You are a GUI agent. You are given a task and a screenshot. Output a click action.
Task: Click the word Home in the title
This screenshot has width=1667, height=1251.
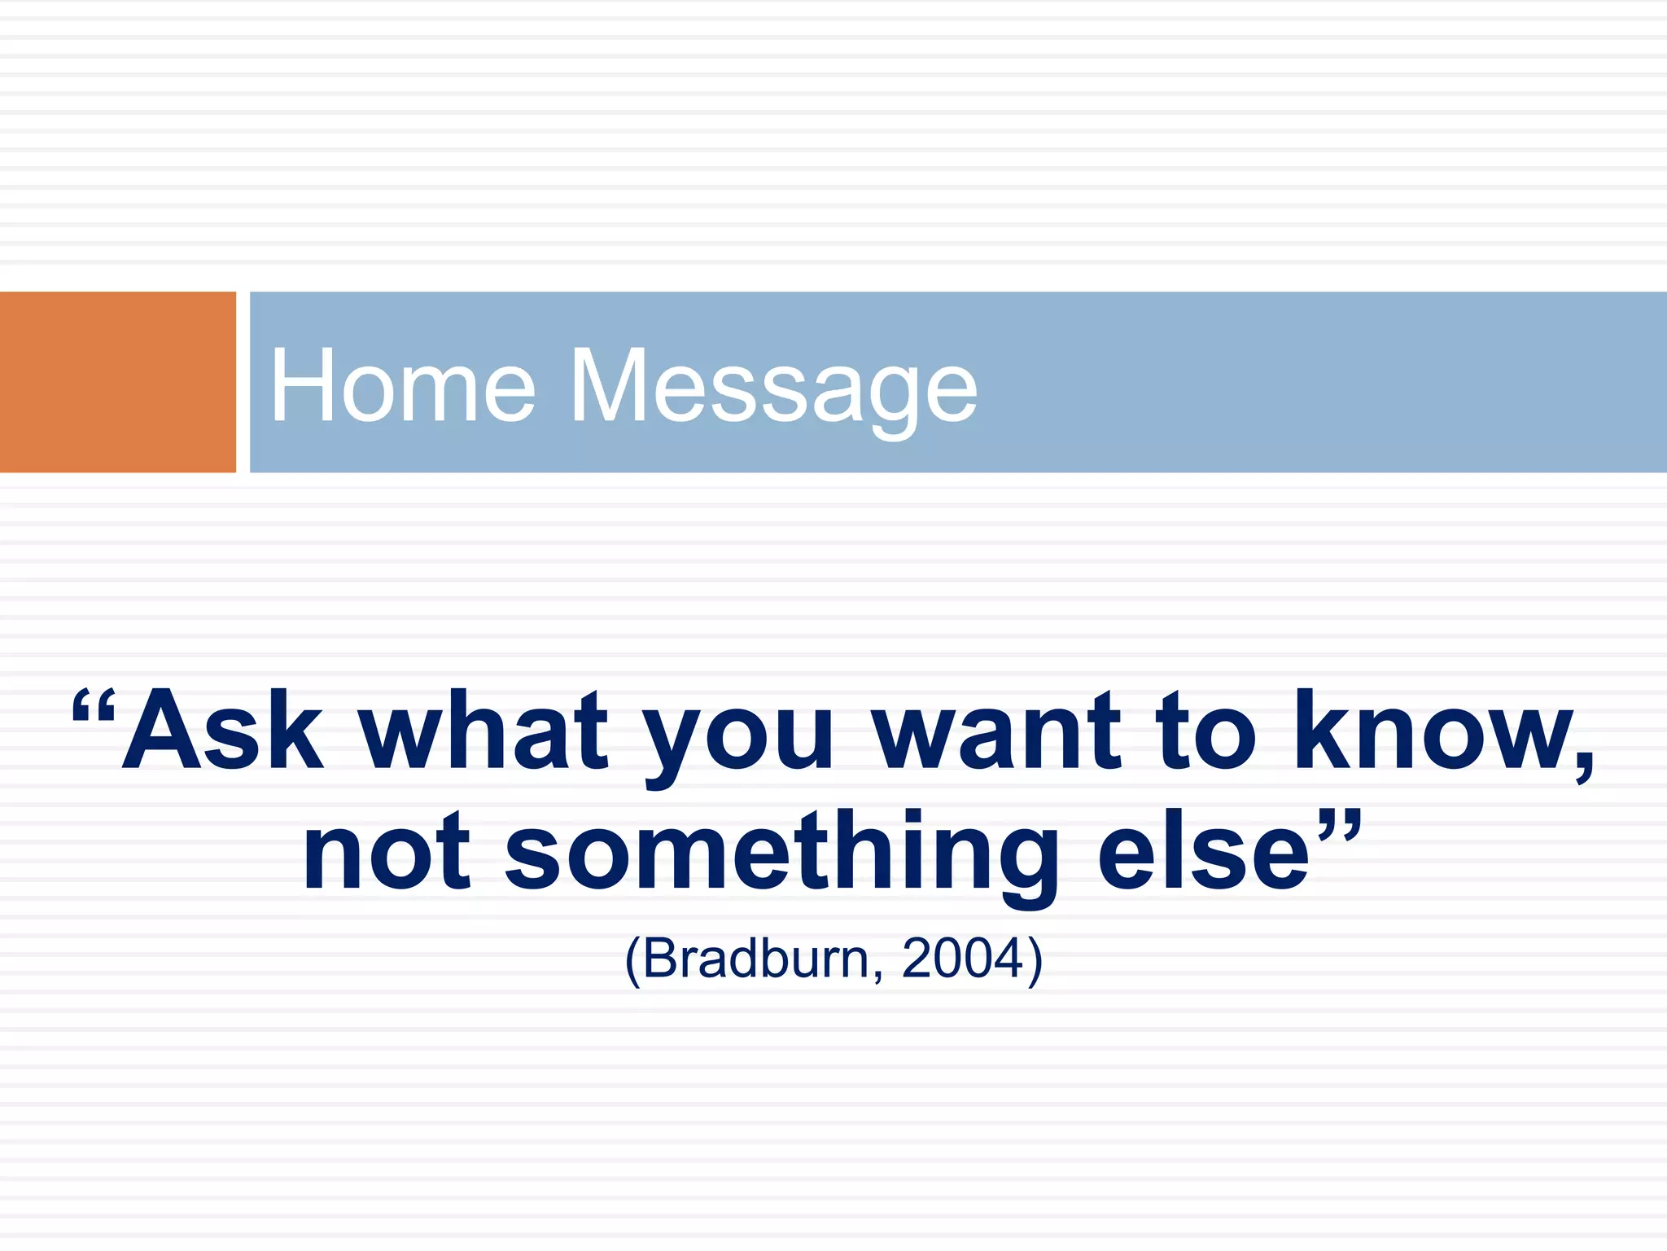[x=402, y=386]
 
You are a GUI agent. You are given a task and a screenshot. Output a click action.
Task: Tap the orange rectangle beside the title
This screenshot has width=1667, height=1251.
[x=117, y=382]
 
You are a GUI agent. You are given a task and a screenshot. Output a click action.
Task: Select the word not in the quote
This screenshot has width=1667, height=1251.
[x=386, y=853]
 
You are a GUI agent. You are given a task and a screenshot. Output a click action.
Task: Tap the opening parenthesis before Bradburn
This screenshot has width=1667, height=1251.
[x=632, y=961]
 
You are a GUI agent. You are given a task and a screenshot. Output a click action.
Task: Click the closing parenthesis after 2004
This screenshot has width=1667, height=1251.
[x=1035, y=961]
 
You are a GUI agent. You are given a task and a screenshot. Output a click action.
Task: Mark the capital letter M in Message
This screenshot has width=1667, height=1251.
[x=606, y=386]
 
